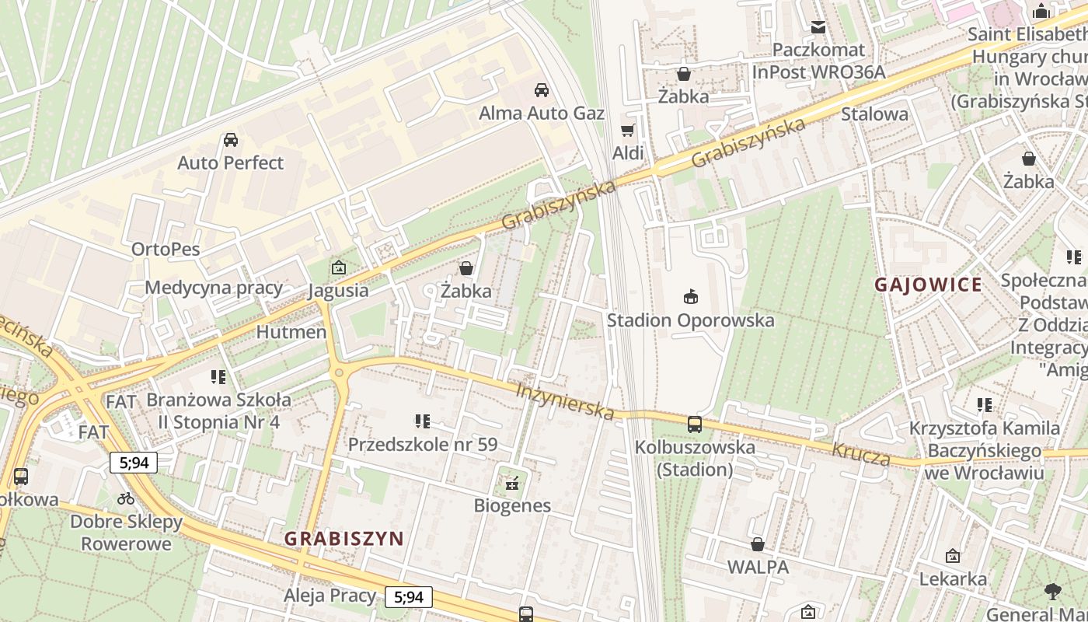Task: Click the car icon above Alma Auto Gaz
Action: (x=542, y=90)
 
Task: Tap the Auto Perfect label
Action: (x=230, y=162)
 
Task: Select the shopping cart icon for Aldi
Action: (x=627, y=130)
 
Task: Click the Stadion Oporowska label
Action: (x=690, y=320)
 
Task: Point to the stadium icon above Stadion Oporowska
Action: (x=690, y=296)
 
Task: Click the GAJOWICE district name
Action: (x=928, y=285)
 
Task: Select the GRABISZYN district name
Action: (x=343, y=538)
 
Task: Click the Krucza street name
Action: (x=861, y=454)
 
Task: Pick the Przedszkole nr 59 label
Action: (x=422, y=445)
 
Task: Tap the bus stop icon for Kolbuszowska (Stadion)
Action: (x=694, y=425)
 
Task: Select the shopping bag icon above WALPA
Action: (x=758, y=544)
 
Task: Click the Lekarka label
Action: (x=953, y=579)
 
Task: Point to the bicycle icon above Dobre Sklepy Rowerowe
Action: (x=126, y=498)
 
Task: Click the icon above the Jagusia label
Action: (x=338, y=268)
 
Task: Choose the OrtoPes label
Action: (x=166, y=250)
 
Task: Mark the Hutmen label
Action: (x=291, y=332)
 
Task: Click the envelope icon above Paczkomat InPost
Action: (x=818, y=27)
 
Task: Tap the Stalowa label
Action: (x=874, y=114)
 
